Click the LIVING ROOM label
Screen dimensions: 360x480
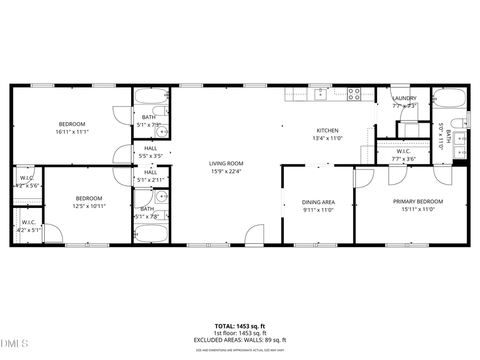(226, 164)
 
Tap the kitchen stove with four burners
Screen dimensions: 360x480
(354, 94)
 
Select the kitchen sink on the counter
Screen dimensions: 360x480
(320, 94)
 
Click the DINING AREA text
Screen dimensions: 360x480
(318, 202)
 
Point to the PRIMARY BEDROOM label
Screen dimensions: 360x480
(418, 202)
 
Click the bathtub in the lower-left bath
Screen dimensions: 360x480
(150, 233)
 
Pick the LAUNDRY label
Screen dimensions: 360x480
(404, 98)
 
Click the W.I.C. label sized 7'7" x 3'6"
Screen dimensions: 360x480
(404, 151)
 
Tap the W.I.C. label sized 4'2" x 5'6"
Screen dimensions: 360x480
(27, 178)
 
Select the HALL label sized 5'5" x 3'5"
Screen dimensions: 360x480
(151, 149)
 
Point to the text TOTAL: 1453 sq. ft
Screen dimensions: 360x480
(240, 325)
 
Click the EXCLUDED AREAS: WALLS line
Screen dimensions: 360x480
(240, 340)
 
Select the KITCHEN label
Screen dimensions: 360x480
(327, 131)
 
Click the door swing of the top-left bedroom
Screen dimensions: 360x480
(122, 115)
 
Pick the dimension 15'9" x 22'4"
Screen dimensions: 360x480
(226, 171)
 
